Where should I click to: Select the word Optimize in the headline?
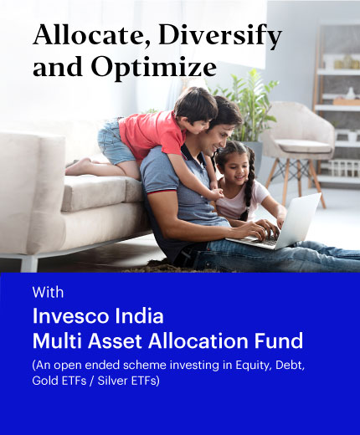point(154,68)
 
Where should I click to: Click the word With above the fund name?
point(48,292)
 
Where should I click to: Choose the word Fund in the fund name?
point(279,340)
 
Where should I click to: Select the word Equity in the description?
point(254,366)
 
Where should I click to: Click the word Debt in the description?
point(290,366)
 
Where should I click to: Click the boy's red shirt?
point(152,135)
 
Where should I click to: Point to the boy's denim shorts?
point(115,142)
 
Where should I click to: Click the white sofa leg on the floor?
point(29,264)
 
